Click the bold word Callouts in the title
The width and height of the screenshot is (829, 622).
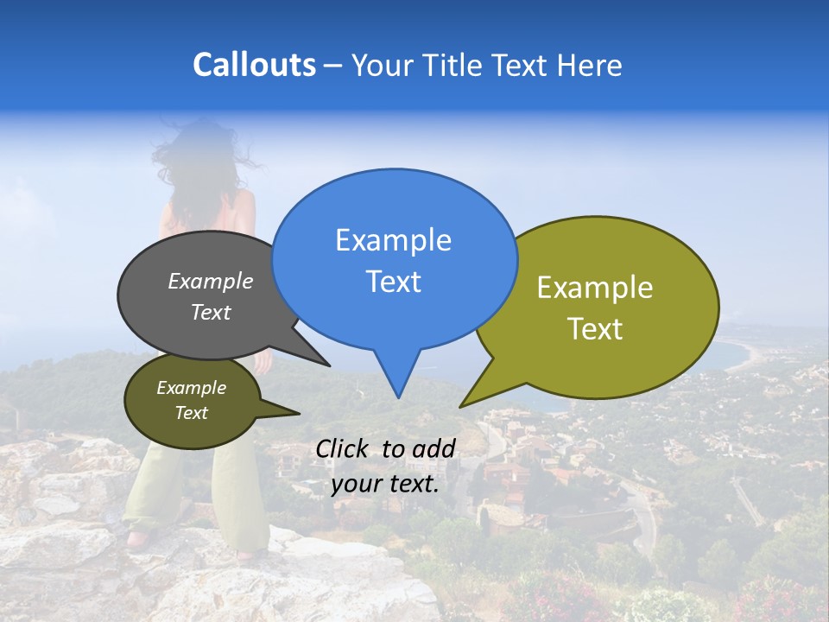pyautogui.click(x=254, y=65)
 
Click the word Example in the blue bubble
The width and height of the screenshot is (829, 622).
pyautogui.click(x=393, y=240)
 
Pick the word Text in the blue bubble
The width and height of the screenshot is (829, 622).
pyautogui.click(x=393, y=282)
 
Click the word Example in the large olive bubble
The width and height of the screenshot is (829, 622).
pyautogui.click(x=595, y=288)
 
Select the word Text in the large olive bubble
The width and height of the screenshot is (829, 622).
pyautogui.click(x=595, y=329)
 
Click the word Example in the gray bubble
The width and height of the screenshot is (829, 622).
pyautogui.click(x=211, y=281)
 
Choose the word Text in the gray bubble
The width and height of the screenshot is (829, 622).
pyautogui.click(x=211, y=313)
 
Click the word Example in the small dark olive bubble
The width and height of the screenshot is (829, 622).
pyautogui.click(x=191, y=388)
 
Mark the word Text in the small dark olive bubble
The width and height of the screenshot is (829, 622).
pyautogui.click(x=191, y=413)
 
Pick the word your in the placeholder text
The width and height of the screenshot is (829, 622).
pyautogui.click(x=354, y=484)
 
